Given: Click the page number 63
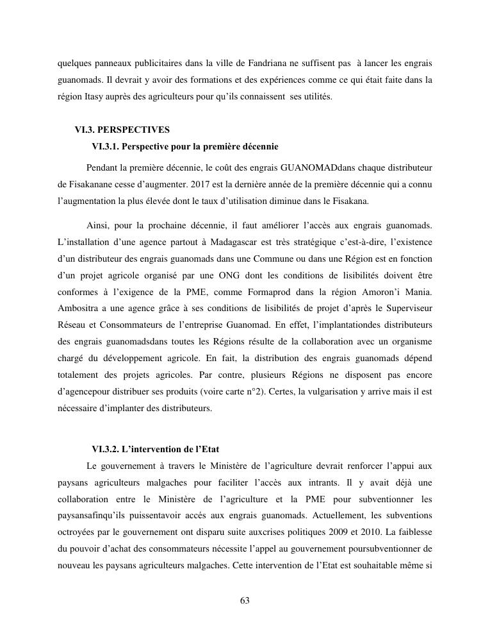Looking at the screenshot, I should click(x=245, y=600).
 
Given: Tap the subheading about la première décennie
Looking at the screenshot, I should click(x=185, y=147).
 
